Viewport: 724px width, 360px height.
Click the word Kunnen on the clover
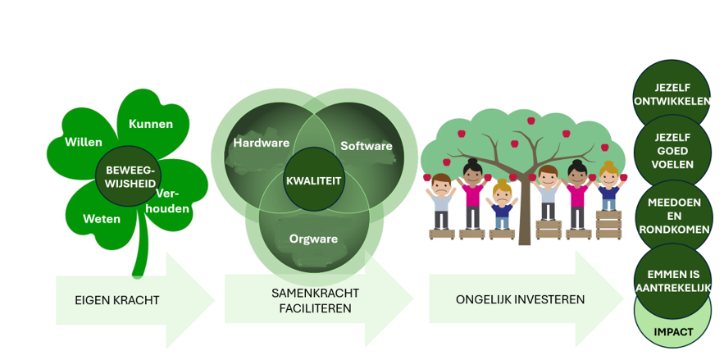tap(151, 124)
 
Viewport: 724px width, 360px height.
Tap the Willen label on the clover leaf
tap(83, 142)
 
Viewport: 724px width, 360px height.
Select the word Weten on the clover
tap(102, 219)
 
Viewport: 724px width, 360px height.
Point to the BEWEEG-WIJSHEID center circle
tap(129, 176)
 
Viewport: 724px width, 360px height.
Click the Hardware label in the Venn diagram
tap(262, 143)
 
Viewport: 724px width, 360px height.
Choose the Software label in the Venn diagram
tap(367, 146)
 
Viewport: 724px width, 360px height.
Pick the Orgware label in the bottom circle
tap(313, 239)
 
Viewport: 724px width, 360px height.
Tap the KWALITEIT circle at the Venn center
tap(314, 180)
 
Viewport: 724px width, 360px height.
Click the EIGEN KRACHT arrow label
tap(116, 300)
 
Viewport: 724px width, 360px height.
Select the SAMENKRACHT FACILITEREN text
tap(316, 300)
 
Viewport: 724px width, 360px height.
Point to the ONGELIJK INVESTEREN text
tap(521, 299)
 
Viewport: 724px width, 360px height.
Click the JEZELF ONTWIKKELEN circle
tap(672, 94)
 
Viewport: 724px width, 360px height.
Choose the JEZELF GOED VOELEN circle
tap(672, 151)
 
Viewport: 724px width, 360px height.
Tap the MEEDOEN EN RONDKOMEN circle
tap(673, 216)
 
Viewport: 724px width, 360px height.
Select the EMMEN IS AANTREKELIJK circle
tap(672, 280)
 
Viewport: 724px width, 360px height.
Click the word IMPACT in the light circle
tap(673, 332)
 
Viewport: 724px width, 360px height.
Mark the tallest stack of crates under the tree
tap(608, 225)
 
